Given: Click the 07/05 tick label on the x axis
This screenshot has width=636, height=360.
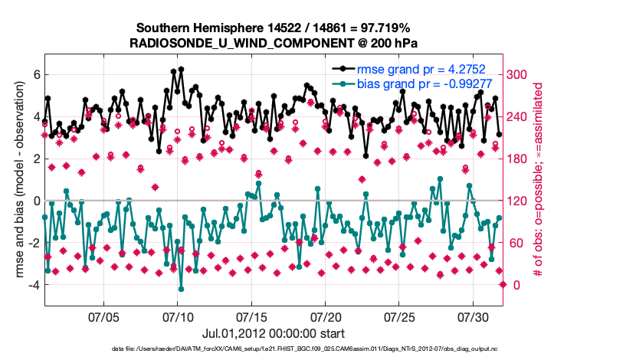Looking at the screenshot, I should coord(105,316).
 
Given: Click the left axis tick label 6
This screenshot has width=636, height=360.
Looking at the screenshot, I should coord(36,74).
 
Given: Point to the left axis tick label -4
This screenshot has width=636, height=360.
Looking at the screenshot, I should coord(34,285).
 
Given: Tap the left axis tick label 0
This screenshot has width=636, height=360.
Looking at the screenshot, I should coord(36,201).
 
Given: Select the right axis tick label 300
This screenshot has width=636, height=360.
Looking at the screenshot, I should coord(518,74).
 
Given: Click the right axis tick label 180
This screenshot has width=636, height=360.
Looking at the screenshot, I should coord(518,159).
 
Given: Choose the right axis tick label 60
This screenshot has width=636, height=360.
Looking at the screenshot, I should coord(515,243).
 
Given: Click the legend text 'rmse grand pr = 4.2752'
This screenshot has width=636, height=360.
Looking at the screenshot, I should coord(422,70).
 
